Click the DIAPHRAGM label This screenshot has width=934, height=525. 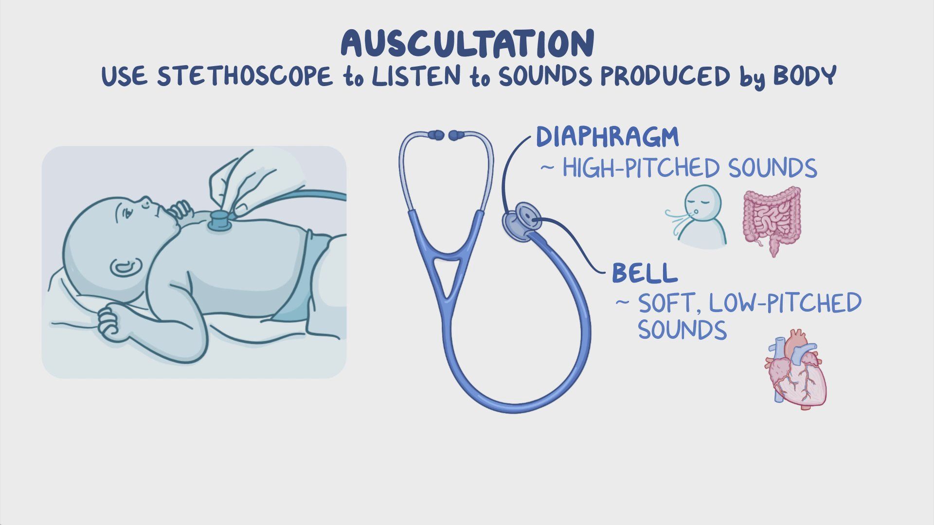coord(607,137)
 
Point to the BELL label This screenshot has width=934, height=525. coord(645,273)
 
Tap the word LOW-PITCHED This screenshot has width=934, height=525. coord(785,303)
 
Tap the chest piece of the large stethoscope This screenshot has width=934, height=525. coord(521,222)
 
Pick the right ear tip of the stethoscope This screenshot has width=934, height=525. coord(456,135)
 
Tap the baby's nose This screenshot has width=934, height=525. coord(145,200)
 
